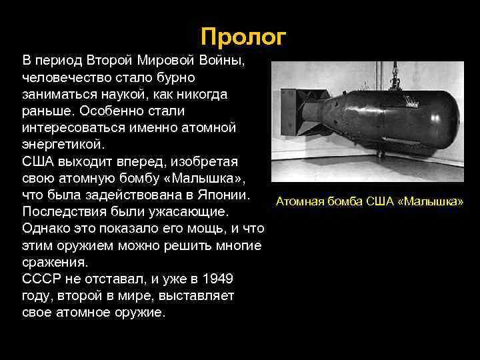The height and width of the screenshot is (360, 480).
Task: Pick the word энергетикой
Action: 63,143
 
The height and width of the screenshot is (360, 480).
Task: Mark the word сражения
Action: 54,261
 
